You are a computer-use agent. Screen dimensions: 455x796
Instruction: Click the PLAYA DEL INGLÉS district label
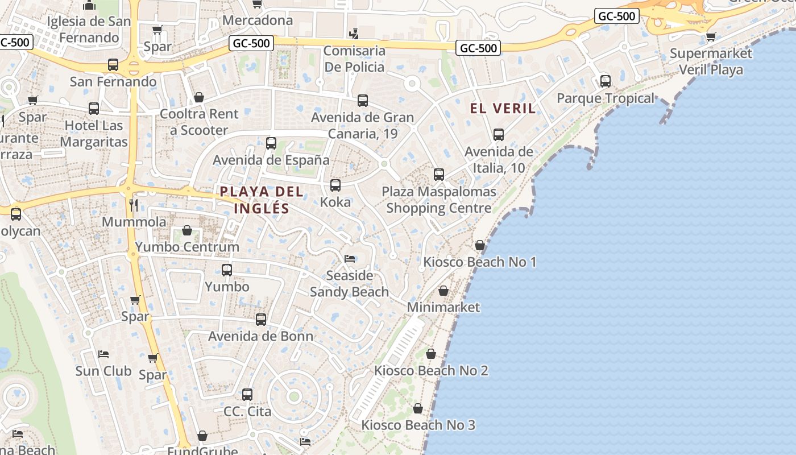pyautogui.click(x=262, y=200)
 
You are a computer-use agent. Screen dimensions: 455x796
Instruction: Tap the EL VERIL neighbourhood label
pyautogui.click(x=503, y=108)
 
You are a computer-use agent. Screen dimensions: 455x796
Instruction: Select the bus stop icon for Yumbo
pyautogui.click(x=227, y=270)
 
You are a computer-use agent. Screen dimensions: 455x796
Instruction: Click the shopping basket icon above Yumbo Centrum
pyautogui.click(x=186, y=230)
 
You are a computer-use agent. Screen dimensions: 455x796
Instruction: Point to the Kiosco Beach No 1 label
pyautogui.click(x=480, y=262)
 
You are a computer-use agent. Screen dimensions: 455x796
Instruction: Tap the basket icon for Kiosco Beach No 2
pyautogui.click(x=431, y=354)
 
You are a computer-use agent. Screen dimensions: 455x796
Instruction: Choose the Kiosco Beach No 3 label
pyautogui.click(x=418, y=425)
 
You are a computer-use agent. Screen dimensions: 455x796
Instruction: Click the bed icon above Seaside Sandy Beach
pyautogui.click(x=350, y=259)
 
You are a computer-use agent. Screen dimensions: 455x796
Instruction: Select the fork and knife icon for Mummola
pyautogui.click(x=134, y=205)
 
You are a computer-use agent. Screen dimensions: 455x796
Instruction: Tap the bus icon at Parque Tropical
pyautogui.click(x=606, y=81)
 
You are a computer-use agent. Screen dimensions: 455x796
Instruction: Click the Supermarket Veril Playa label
pyautogui.click(x=711, y=61)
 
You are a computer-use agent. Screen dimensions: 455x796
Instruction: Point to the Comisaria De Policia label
pyautogui.click(x=354, y=59)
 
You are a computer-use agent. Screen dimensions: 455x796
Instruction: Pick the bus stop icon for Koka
pyautogui.click(x=335, y=185)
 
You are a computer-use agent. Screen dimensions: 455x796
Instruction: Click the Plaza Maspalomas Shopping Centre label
pyautogui.click(x=439, y=200)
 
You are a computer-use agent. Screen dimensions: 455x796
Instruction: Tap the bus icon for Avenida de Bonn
pyautogui.click(x=261, y=320)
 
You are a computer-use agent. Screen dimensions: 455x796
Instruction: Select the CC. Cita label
pyautogui.click(x=247, y=411)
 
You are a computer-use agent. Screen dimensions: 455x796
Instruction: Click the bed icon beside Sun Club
pyautogui.click(x=103, y=354)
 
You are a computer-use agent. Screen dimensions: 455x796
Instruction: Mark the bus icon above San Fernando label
pyautogui.click(x=113, y=65)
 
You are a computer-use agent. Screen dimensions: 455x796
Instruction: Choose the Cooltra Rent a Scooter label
pyautogui.click(x=199, y=122)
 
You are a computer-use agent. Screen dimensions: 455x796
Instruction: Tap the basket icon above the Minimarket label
pyautogui.click(x=443, y=291)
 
